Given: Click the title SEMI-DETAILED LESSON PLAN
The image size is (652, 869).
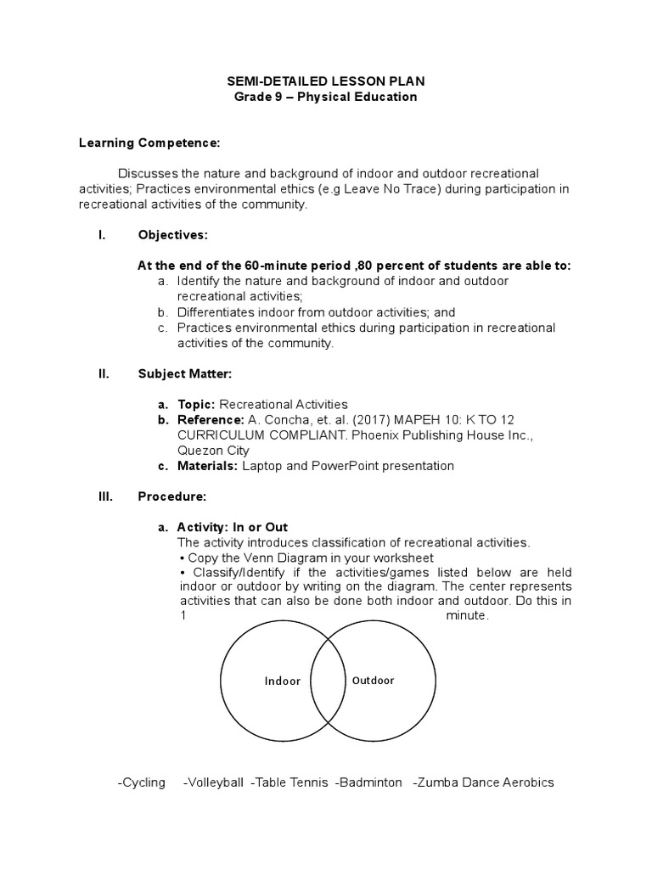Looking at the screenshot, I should tap(325, 81).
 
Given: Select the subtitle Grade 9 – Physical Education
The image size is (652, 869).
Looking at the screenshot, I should tap(325, 97).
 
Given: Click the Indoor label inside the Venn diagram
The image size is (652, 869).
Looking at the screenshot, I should tap(282, 681).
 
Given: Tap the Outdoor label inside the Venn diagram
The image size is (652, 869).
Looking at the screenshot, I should tap(373, 680).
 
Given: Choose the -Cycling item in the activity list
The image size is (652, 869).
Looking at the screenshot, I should tap(142, 782).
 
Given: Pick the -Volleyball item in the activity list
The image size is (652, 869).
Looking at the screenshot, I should tap(213, 782).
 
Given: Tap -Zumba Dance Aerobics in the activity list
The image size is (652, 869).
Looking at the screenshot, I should tap(483, 782).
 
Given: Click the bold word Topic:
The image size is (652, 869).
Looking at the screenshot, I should tap(198, 404).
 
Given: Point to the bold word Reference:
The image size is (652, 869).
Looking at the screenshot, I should tap(211, 419).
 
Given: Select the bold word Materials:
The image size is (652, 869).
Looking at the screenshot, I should tap(208, 466).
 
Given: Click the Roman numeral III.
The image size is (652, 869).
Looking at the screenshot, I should tap(105, 496).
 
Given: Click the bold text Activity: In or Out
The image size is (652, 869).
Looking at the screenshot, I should tap(233, 527).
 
